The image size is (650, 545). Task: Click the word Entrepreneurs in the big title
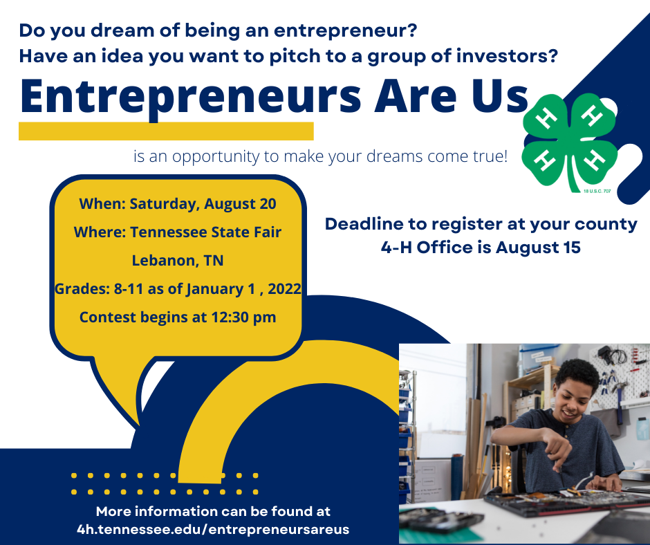click(191, 98)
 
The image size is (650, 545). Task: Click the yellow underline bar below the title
click(166, 131)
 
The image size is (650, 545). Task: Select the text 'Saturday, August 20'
click(203, 204)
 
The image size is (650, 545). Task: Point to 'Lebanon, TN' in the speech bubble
click(178, 261)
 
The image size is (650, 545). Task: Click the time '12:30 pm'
click(243, 317)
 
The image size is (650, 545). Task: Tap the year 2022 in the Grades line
click(284, 288)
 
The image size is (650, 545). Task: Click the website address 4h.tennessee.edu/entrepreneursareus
click(213, 530)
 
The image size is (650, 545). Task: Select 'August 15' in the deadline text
click(538, 248)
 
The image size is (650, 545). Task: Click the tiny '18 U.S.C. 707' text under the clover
click(597, 191)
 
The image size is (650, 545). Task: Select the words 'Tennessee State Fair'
click(206, 232)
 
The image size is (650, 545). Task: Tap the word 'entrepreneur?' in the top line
click(345, 30)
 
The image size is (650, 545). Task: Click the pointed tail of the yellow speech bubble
click(138, 425)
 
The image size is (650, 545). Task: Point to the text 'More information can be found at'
click(213, 511)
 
